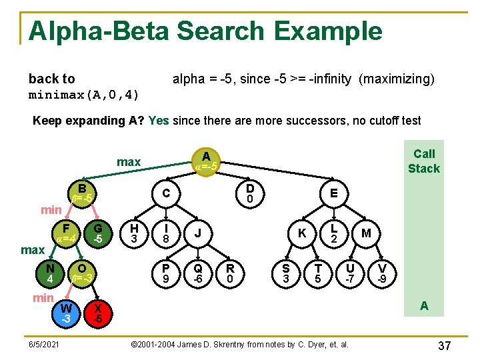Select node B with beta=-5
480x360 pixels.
81,192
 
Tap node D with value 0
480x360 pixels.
249,193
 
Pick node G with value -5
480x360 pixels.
98,233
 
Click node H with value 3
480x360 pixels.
134,233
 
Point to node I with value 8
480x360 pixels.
166,233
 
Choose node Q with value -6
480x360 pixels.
198,273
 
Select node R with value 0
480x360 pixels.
230,273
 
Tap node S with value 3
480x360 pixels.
286,273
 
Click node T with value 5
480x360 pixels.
318,273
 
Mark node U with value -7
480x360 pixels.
349,273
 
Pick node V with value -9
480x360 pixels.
381,273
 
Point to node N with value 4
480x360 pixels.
50,273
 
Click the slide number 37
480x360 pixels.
445,345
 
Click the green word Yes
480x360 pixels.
159,121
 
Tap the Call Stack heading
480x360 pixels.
424,161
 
